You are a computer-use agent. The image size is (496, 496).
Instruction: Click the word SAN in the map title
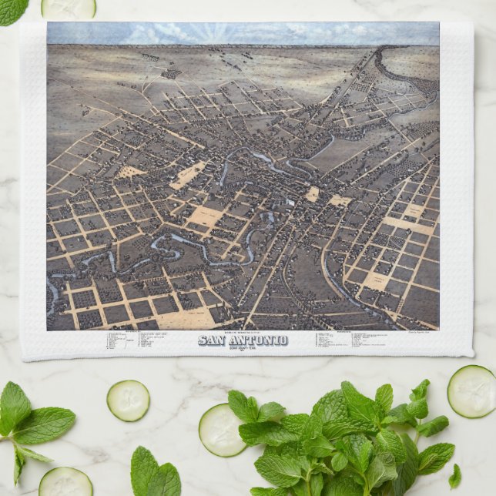(213, 340)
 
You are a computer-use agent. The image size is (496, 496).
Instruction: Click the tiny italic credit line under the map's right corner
(422, 333)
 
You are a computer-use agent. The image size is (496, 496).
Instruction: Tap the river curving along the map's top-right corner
(412, 85)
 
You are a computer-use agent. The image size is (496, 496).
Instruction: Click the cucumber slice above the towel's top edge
(69, 8)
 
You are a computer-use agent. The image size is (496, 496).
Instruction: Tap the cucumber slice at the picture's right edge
(471, 390)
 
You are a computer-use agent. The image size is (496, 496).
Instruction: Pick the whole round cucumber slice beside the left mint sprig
(128, 400)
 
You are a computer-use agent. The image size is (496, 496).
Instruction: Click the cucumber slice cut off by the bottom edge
(65, 482)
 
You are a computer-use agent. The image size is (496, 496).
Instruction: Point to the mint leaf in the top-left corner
(11, 10)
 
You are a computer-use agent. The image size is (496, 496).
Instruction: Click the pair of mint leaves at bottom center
(154, 474)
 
